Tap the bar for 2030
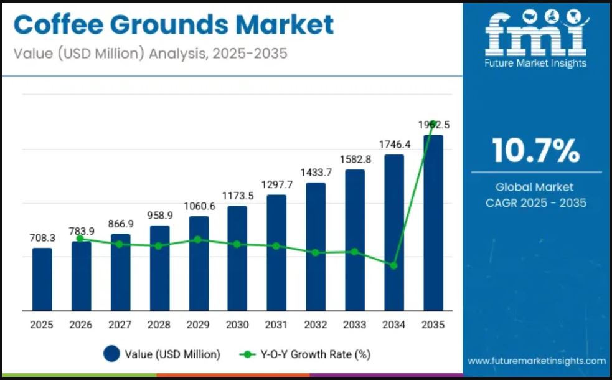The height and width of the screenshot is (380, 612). point(237,258)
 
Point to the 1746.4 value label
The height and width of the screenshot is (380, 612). point(395,144)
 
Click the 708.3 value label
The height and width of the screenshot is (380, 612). point(42,238)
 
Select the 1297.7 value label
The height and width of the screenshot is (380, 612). point(277,184)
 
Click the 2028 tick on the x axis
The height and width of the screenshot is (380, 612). point(159,325)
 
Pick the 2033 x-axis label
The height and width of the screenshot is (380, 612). point(355,325)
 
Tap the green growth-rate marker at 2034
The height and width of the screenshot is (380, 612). point(393,265)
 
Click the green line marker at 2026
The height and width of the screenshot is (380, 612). point(80,239)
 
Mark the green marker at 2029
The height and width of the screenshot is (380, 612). point(197,239)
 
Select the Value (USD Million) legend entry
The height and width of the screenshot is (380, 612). point(162,354)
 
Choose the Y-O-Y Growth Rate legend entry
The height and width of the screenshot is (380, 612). point(305,354)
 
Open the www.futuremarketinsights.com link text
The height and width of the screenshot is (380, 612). point(537,361)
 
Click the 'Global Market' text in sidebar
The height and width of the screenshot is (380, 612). point(535,187)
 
